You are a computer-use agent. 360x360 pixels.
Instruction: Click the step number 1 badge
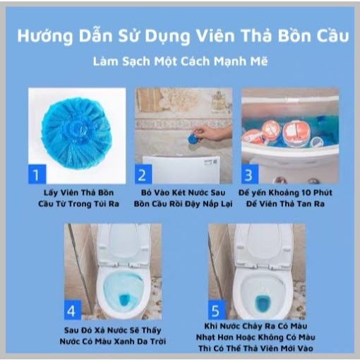tap(37, 174)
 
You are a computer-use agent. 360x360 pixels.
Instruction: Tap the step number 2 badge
tap(143, 174)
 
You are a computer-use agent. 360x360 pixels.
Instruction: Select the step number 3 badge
tap(250, 174)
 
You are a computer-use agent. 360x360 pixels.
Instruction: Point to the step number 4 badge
tap(73, 310)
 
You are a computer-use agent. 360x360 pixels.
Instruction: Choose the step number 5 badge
tap(217, 310)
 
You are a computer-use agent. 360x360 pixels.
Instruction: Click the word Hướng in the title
tap(45, 37)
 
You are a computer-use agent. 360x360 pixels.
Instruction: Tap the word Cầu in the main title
tap(332, 36)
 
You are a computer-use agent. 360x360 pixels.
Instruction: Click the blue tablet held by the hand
tap(194, 137)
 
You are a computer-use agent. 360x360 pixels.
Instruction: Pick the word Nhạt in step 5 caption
tap(206, 337)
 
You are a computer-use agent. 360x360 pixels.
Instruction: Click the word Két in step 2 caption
tap(181, 193)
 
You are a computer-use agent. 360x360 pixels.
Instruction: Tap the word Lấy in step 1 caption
tap(51, 193)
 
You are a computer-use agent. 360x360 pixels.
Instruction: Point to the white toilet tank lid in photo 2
tap(181, 169)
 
